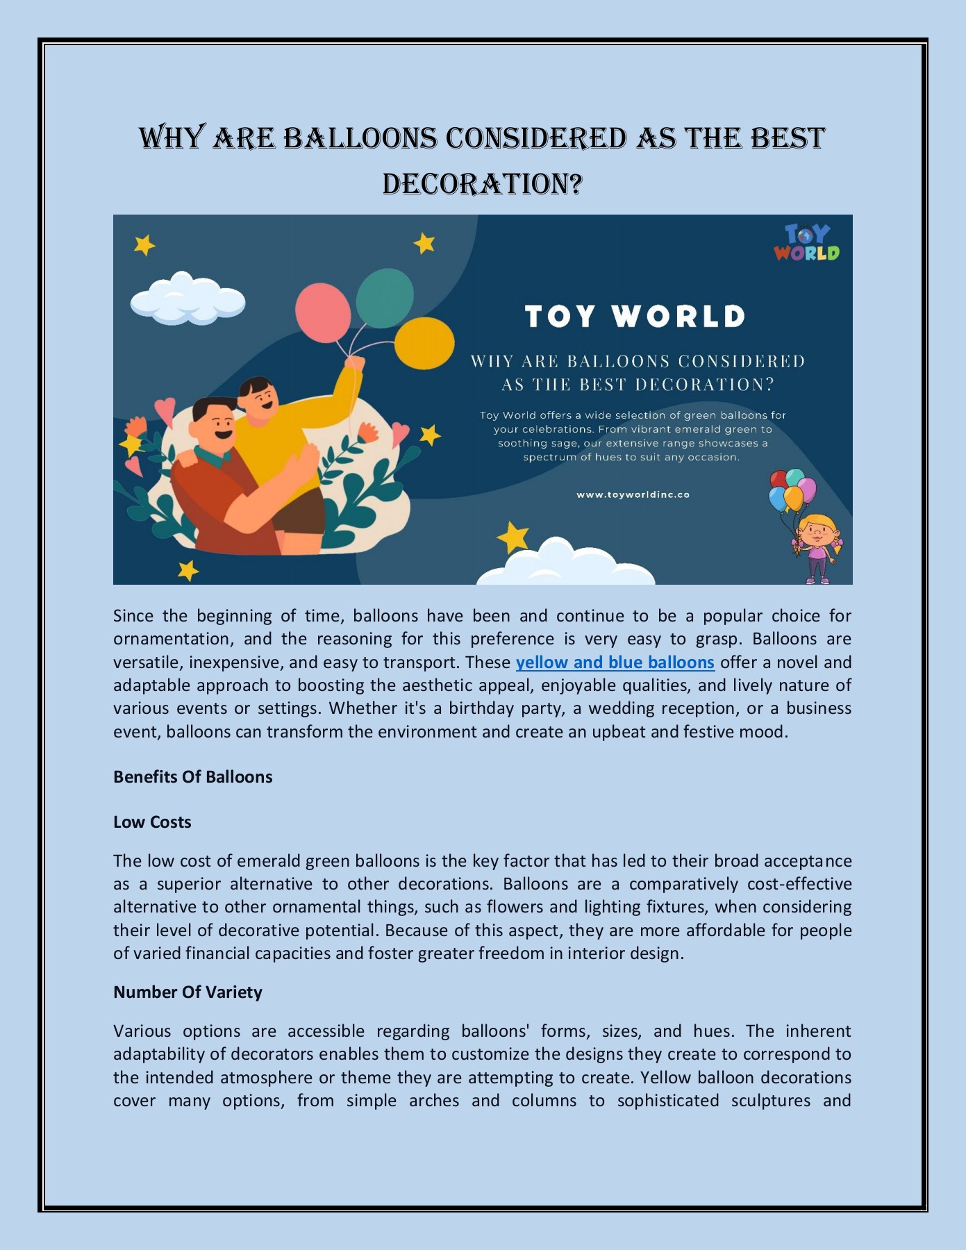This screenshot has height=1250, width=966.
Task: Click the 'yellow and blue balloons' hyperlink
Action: [x=615, y=662]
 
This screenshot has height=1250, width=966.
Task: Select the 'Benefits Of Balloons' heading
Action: [x=192, y=777]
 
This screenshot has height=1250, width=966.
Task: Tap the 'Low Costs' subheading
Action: [x=152, y=822]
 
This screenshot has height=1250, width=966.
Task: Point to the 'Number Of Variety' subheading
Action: [x=188, y=992]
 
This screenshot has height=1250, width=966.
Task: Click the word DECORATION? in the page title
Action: [x=482, y=184]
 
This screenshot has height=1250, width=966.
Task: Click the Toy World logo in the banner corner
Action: [x=806, y=242]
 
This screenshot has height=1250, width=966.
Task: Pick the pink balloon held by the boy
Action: [x=323, y=312]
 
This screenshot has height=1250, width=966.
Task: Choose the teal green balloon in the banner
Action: [x=385, y=299]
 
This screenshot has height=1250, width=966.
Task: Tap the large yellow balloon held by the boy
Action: [x=424, y=343]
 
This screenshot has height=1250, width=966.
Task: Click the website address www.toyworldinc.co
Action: [x=633, y=495]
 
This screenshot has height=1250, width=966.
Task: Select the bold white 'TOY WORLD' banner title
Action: [x=635, y=317]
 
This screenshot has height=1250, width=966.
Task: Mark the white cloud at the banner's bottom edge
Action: [x=566, y=562]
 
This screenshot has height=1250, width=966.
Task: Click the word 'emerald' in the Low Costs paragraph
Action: [x=269, y=861]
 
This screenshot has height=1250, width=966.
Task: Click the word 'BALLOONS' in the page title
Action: [x=360, y=138]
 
